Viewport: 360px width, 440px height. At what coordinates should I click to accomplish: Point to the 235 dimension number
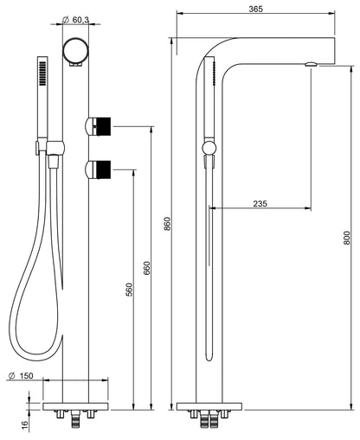click(260, 204)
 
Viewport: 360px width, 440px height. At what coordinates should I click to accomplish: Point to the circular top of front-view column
click(76, 51)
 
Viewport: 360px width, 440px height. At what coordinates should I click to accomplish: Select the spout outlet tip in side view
click(313, 63)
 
